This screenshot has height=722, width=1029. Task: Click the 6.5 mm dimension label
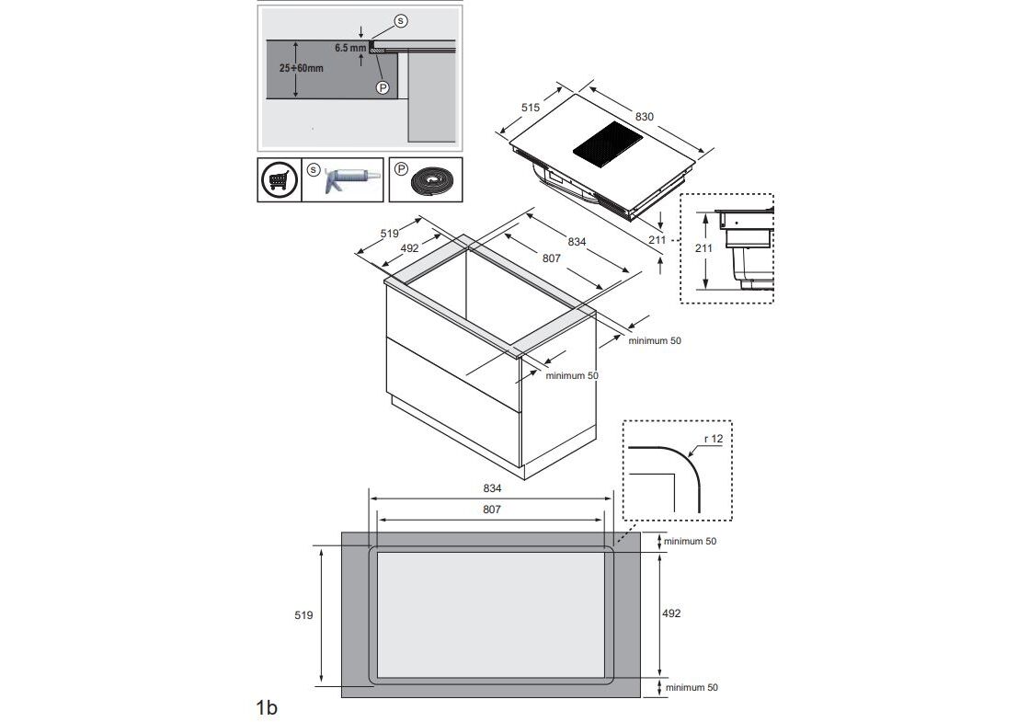click(350, 48)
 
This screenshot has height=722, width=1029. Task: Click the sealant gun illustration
click(349, 179)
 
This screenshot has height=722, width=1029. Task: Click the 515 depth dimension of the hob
click(531, 108)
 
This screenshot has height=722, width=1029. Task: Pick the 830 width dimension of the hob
click(644, 117)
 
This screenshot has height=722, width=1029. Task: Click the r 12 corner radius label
click(713, 439)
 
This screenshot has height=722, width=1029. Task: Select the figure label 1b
click(267, 707)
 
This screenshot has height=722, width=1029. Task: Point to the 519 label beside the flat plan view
click(304, 614)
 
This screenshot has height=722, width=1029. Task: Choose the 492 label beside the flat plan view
click(671, 613)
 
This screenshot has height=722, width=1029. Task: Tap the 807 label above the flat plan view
click(491, 510)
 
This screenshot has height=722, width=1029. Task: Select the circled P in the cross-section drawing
click(383, 87)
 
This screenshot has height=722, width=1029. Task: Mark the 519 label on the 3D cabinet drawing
click(390, 234)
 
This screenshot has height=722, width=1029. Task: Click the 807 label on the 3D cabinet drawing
click(551, 258)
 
